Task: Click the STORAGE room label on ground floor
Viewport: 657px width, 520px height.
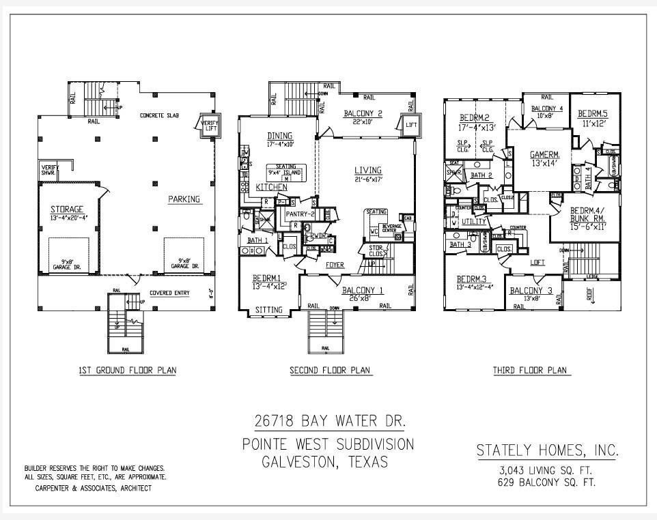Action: [66, 209]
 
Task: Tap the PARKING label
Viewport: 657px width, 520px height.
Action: [184, 199]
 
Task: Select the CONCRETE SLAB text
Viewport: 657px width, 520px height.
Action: [159, 116]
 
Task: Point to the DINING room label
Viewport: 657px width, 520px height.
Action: [280, 136]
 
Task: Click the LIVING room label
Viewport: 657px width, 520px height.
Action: [367, 170]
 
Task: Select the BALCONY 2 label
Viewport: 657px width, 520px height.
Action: [363, 113]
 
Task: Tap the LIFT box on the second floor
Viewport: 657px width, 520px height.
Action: [410, 126]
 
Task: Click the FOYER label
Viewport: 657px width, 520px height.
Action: [335, 264]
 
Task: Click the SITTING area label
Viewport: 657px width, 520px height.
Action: [268, 310]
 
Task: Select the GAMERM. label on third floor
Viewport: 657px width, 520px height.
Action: [545, 155]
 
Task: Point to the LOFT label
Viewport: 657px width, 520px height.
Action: [538, 262]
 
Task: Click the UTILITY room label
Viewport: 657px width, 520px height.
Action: [474, 222]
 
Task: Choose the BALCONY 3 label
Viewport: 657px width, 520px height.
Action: [531, 291]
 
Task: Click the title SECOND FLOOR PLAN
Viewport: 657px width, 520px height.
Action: [330, 371]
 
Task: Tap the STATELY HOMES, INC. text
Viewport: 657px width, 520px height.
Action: [547, 450]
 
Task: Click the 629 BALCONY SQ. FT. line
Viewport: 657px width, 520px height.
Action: [546, 482]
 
